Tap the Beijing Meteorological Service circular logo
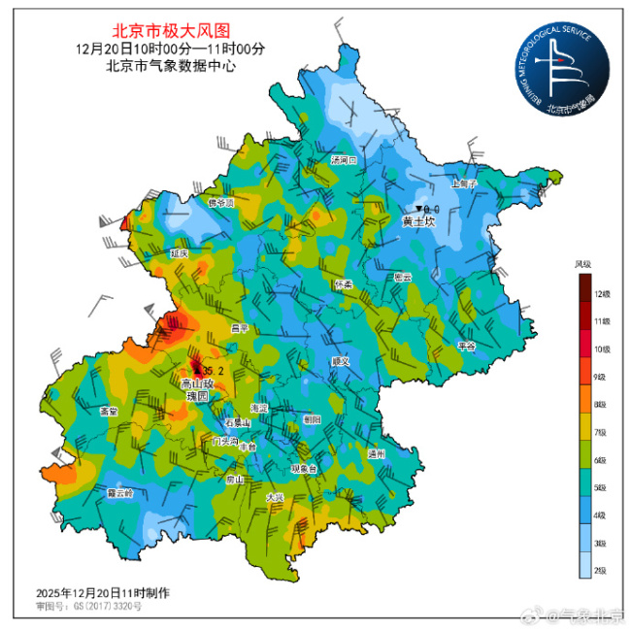tap(562, 69)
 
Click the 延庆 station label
tap(179, 252)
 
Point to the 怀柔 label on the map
tap(344, 284)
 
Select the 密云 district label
tap(402, 278)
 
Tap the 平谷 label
tap(467, 346)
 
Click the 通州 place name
tap(377, 453)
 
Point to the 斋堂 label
tap(109, 412)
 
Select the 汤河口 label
tap(345, 159)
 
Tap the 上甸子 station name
tap(465, 182)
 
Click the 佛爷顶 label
tap(222, 203)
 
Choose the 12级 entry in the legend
tap(602, 293)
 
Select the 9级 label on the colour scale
tap(602, 376)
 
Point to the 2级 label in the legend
tap(602, 569)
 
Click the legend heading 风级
tap(582, 264)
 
